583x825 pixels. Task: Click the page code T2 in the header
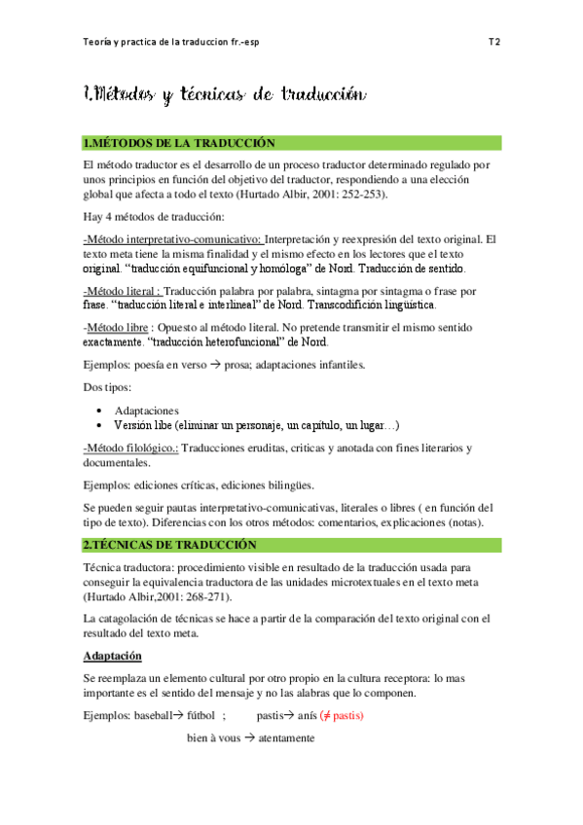coord(493,43)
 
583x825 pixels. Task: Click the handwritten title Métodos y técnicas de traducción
coord(225,95)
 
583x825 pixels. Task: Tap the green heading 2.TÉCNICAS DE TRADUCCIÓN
coord(171,544)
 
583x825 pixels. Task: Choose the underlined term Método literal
coord(123,290)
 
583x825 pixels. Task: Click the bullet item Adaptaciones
coord(147,411)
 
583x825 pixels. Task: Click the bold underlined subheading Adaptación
coord(113,656)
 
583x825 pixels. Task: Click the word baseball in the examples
coord(161,715)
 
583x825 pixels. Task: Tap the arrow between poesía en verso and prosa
coord(211,365)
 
